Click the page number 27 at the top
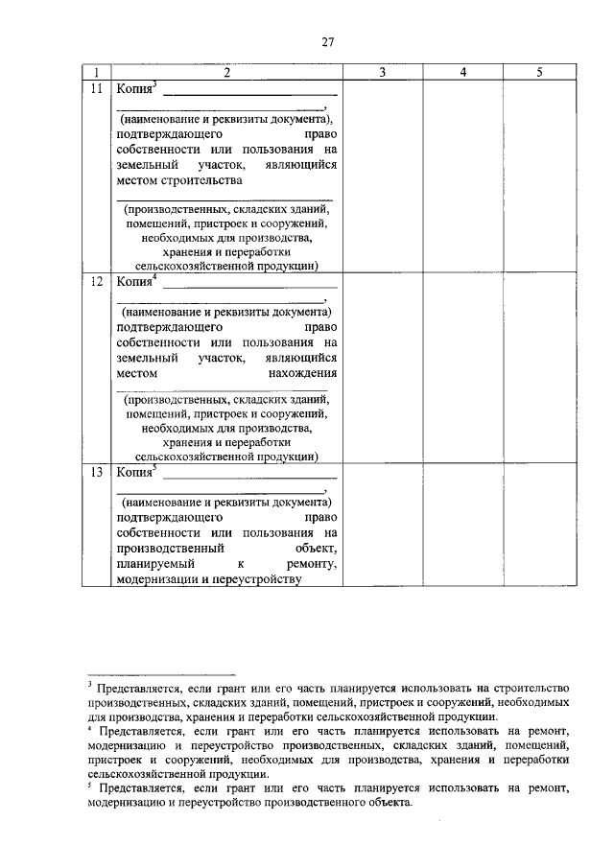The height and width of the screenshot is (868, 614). point(327,41)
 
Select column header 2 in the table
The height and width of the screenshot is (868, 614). point(226,73)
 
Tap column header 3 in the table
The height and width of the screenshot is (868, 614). point(383,73)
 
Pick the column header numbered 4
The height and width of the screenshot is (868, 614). point(462,73)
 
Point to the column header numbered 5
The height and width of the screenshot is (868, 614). point(539,73)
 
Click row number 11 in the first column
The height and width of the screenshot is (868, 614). point(96,88)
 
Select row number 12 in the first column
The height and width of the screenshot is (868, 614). point(96,282)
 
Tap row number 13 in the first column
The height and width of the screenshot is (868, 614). point(96,472)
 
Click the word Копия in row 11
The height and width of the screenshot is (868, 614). point(133,89)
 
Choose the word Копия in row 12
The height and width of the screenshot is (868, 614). point(133,282)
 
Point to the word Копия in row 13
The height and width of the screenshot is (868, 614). point(133,472)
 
